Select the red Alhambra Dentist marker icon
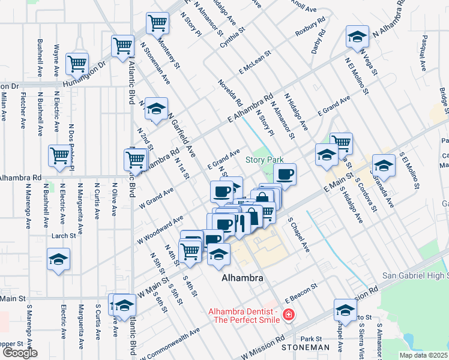pyautogui.click(x=289, y=314)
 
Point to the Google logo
pyautogui.click(x=20, y=352)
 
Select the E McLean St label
pyautogui.click(x=255, y=62)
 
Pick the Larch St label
pyautogui.click(x=62, y=236)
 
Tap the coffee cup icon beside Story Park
pyautogui.click(x=286, y=174)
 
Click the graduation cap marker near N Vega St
pyautogui.click(x=358, y=37)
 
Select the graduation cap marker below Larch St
pyautogui.click(x=58, y=259)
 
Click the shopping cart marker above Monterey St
pyautogui.click(x=157, y=23)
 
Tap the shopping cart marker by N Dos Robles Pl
pyautogui.click(x=60, y=155)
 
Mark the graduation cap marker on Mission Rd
pyautogui.click(x=345, y=310)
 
